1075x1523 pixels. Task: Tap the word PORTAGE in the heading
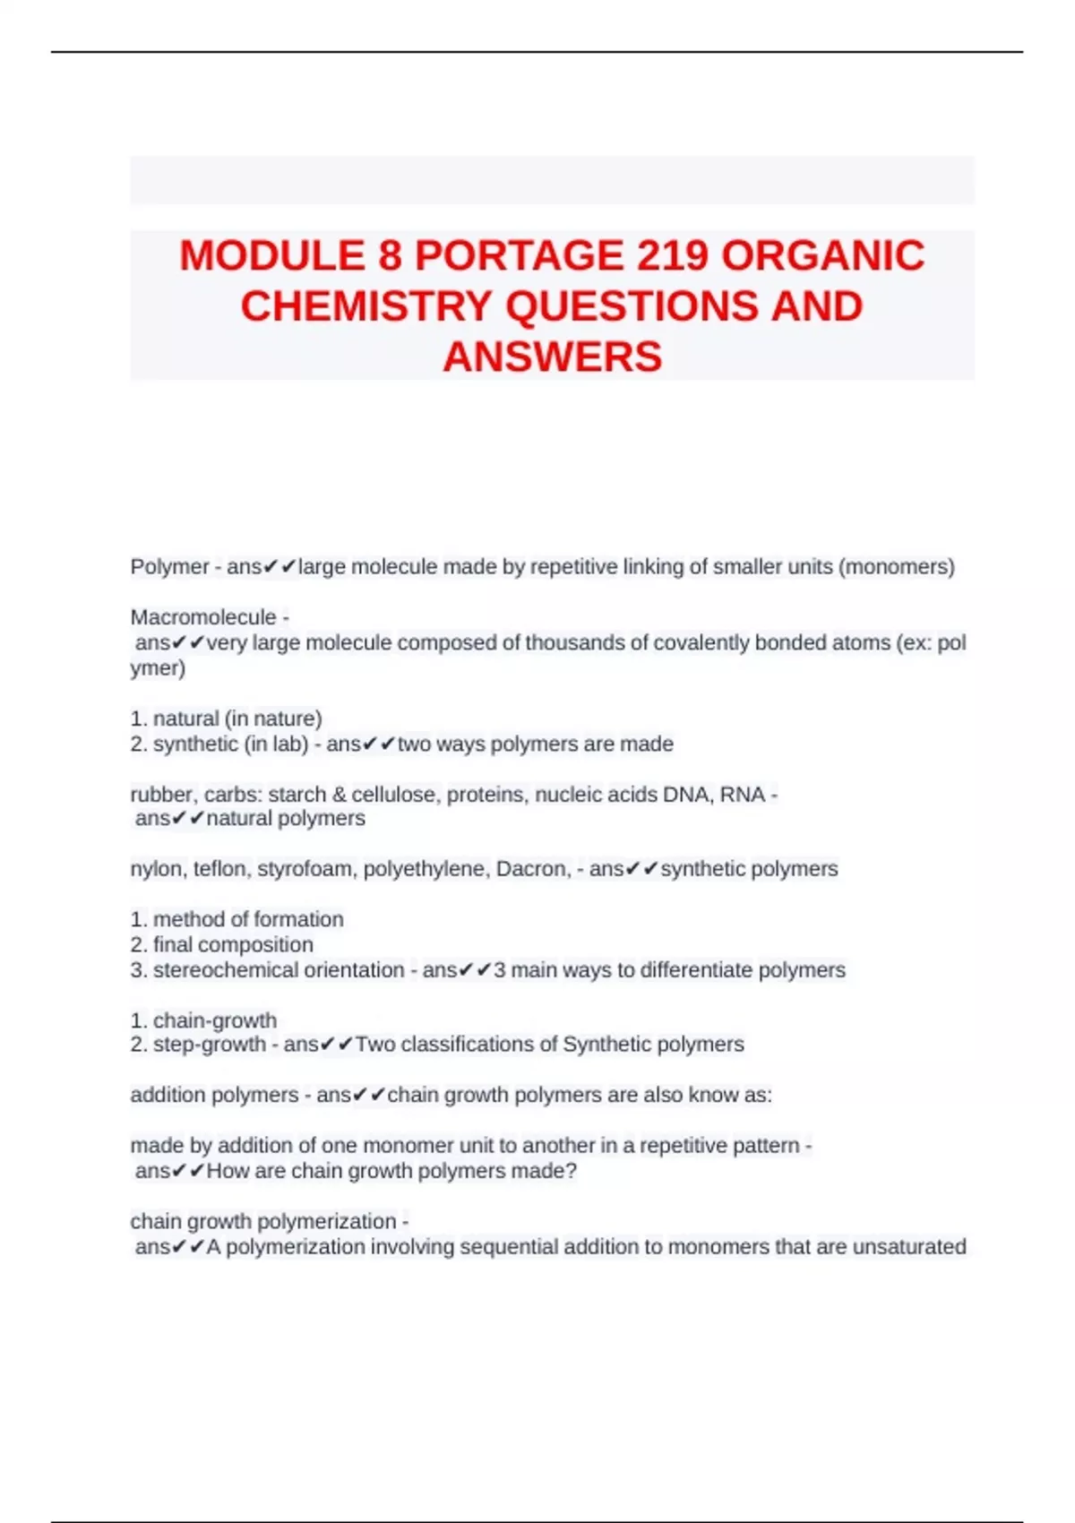pyautogui.click(x=519, y=256)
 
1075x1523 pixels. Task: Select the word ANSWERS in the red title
pyautogui.click(x=552, y=357)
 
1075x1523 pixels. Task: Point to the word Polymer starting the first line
pyautogui.click(x=169, y=567)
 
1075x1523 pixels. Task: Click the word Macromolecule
pyautogui.click(x=203, y=617)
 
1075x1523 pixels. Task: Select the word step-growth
pyautogui.click(x=210, y=1045)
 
